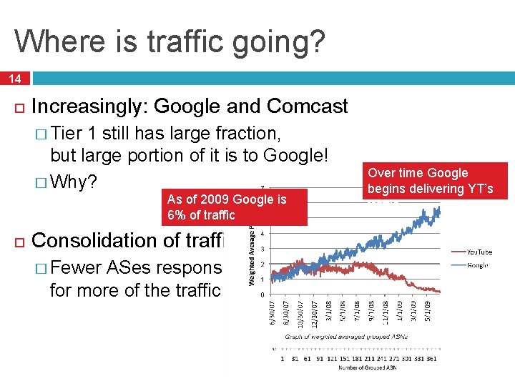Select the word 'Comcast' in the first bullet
(308, 107)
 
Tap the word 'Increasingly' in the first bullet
(86, 107)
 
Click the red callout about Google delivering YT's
(437, 181)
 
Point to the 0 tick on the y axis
(263, 295)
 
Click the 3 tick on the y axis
(263, 249)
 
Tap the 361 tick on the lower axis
(431, 359)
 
